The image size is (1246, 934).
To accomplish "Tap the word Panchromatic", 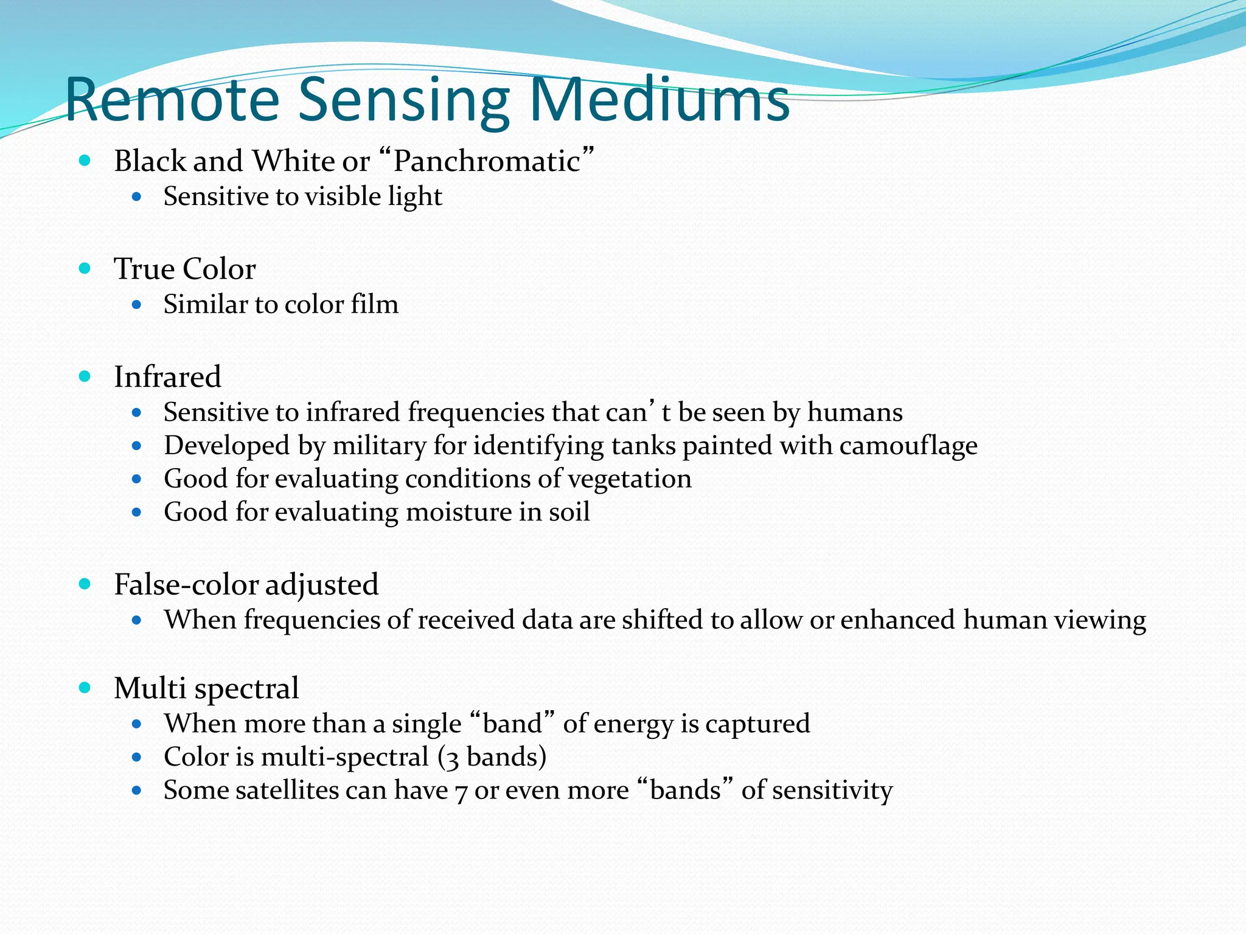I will point(487,162).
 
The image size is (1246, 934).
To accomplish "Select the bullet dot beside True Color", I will point(85,268).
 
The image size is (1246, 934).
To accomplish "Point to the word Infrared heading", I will point(167,377).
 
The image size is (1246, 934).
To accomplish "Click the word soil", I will point(569,512).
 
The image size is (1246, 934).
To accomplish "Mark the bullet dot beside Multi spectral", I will point(85,688).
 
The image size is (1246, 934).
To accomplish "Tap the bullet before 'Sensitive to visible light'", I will point(136,197).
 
